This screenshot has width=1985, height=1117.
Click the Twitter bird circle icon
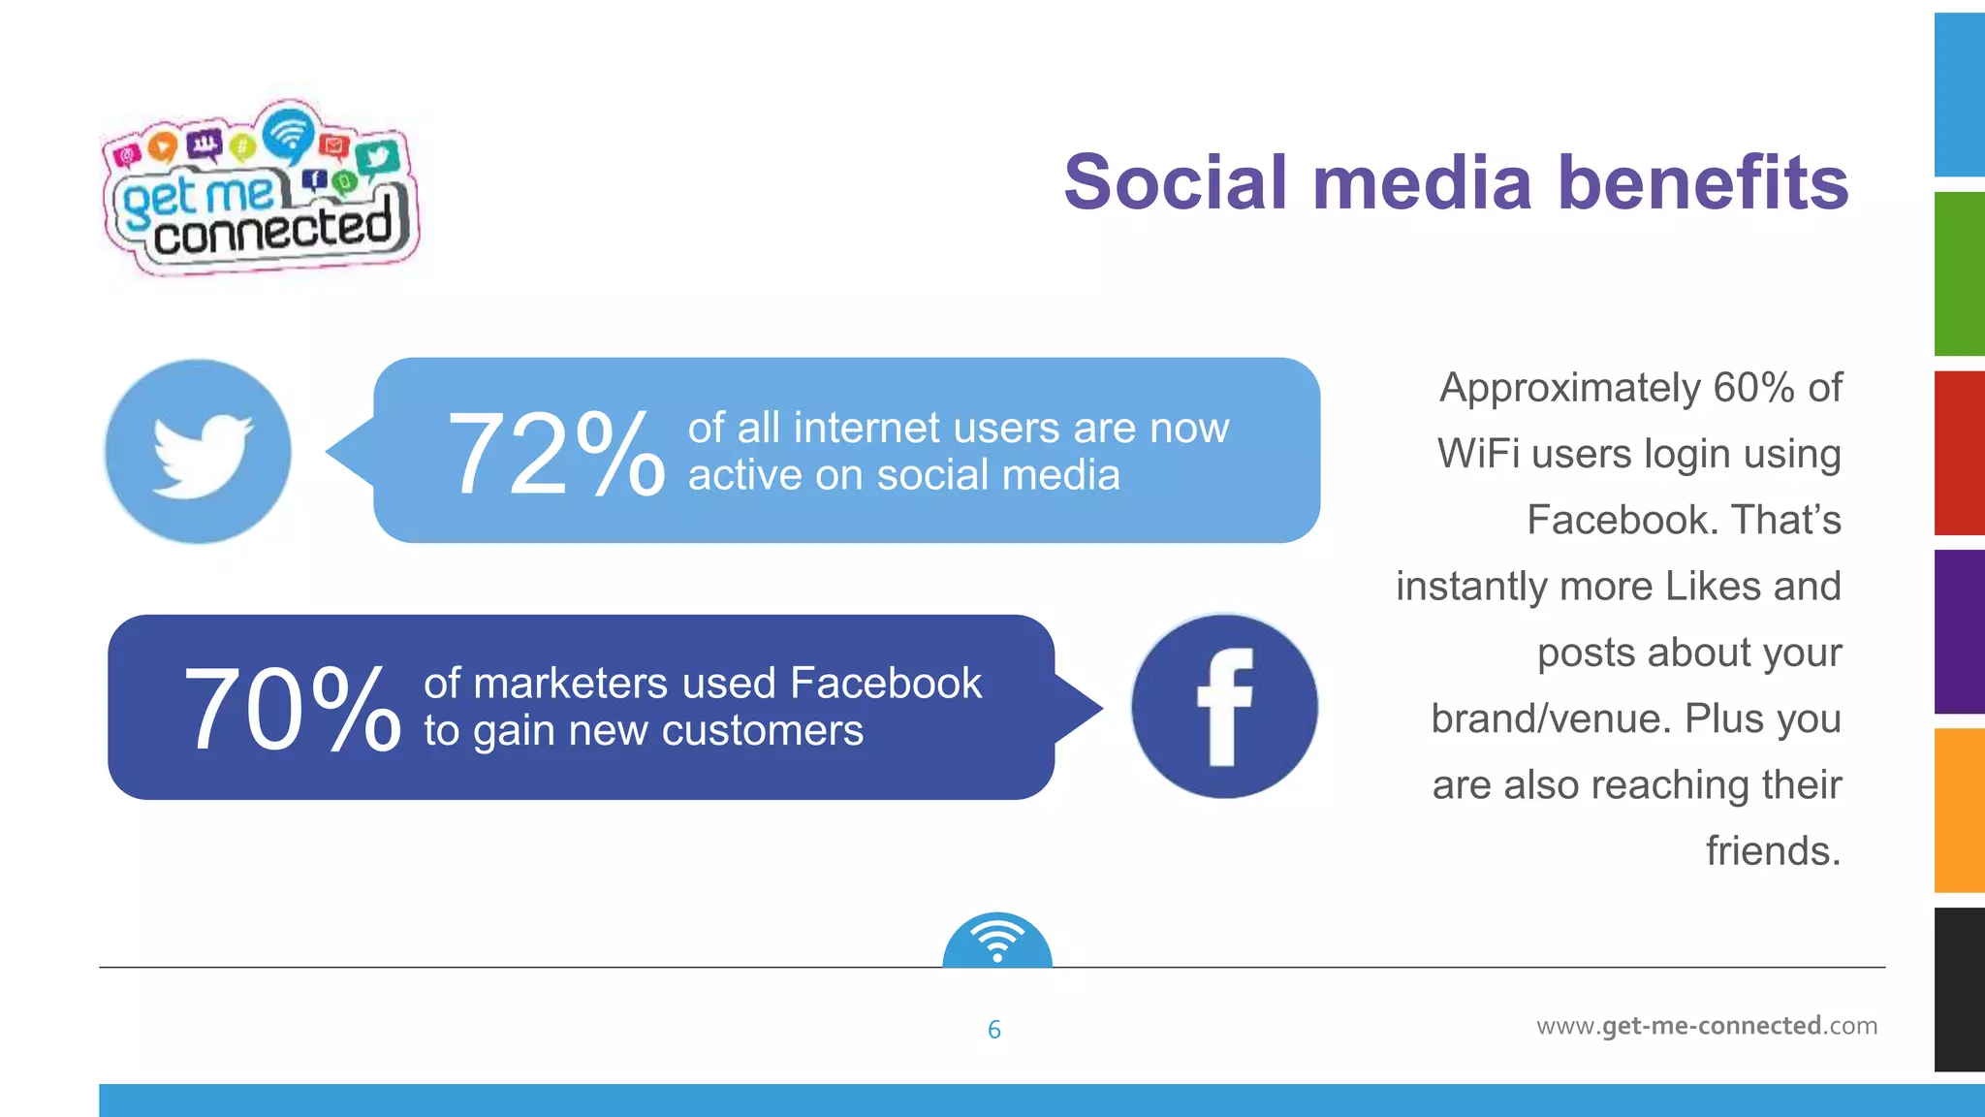click(198, 452)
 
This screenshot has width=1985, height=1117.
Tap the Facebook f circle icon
click(1224, 707)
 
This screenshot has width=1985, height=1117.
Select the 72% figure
click(555, 454)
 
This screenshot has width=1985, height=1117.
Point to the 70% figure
click(291, 710)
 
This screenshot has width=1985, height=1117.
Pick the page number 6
click(993, 1030)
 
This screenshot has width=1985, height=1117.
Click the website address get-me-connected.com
click(1707, 1026)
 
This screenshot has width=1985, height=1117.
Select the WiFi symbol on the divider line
click(997, 941)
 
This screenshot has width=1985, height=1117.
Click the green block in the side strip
click(1959, 273)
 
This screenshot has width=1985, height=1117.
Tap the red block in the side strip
click(1959, 453)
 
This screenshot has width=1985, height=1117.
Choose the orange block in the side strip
click(1959, 810)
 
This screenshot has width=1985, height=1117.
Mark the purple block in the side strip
click(1959, 631)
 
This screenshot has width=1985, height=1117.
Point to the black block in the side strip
click(1959, 989)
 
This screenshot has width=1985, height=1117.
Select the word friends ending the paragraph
click(1772, 851)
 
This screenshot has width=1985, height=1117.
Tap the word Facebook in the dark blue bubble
click(886, 684)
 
